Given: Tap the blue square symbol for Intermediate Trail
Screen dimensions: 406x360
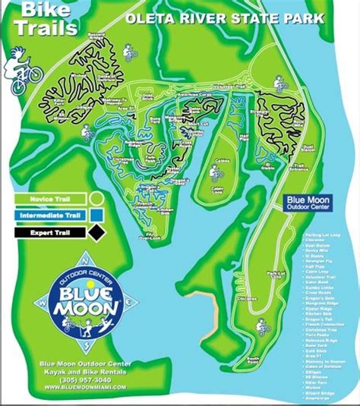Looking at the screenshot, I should (96, 215).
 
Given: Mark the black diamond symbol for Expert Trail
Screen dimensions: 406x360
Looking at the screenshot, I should (96, 233).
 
